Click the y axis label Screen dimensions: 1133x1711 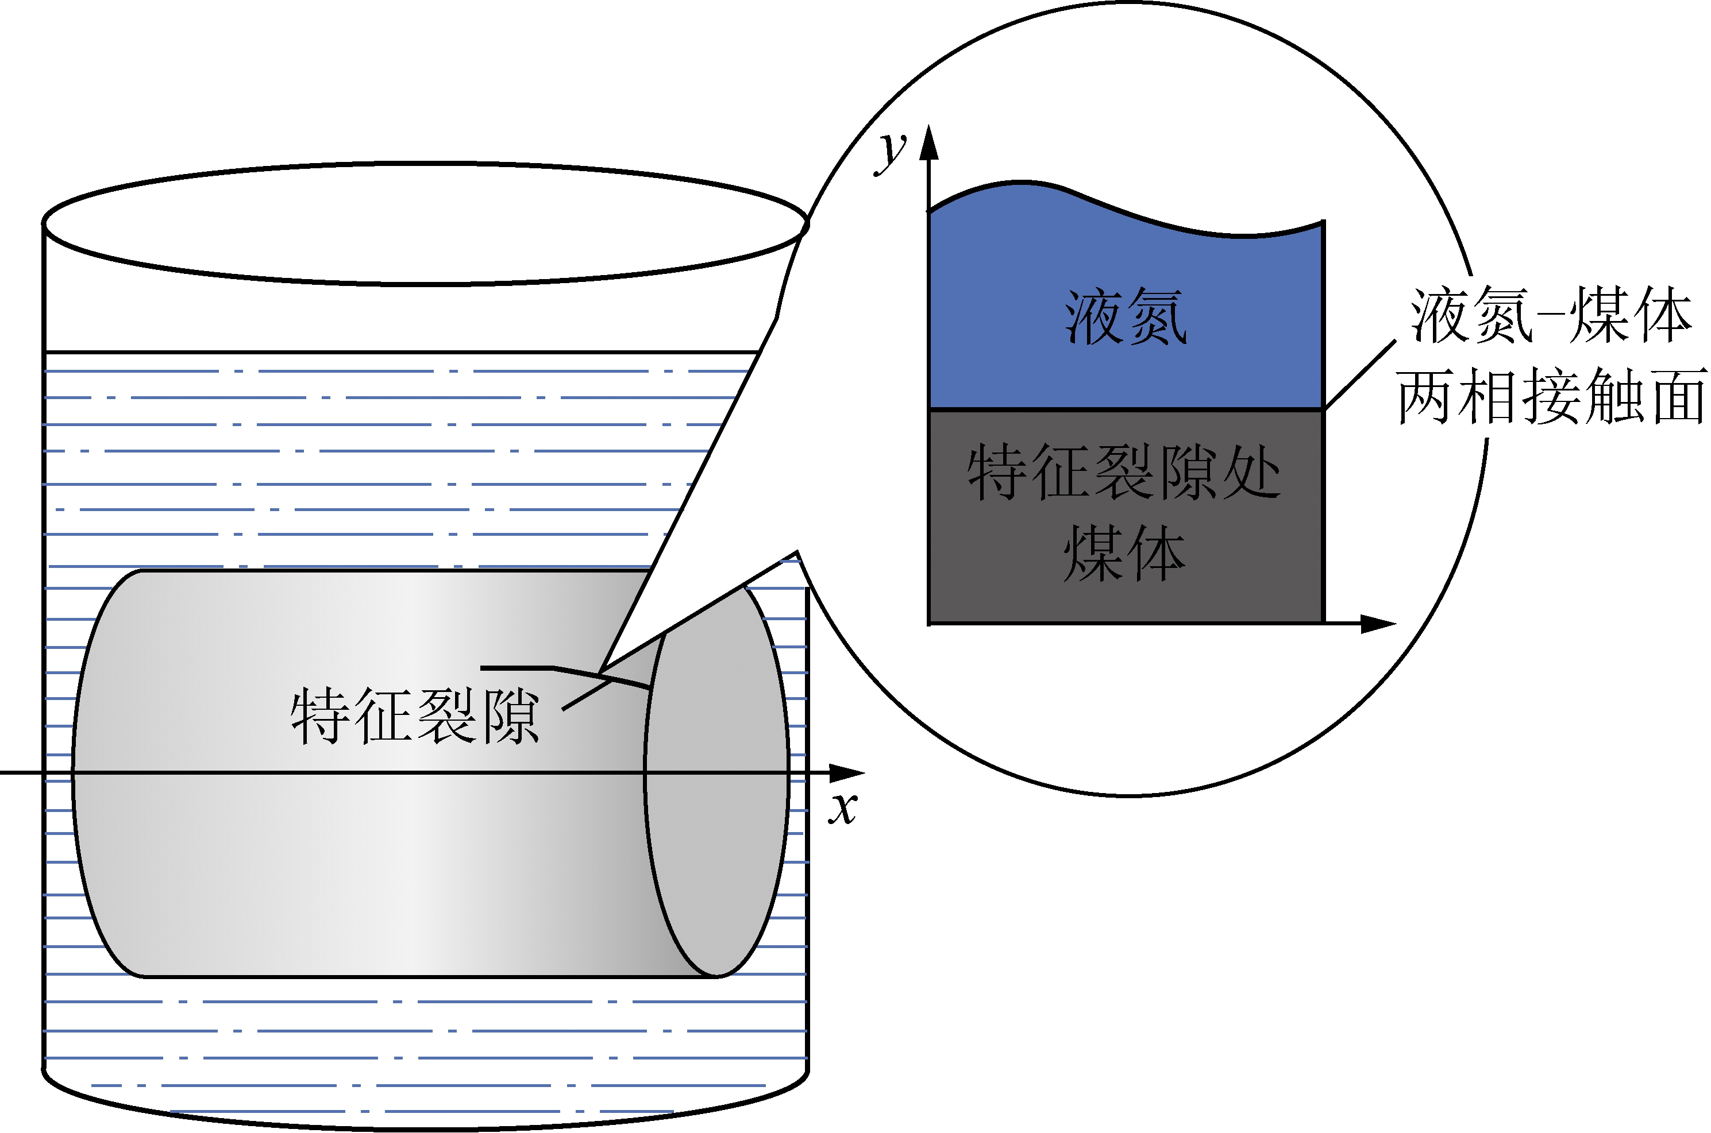pyautogui.click(x=891, y=153)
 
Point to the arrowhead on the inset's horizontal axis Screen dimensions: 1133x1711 pyautogui.click(x=1377, y=624)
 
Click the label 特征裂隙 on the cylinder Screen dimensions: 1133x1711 pyautogui.click(x=415, y=716)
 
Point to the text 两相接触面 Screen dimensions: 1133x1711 pyautogui.click(x=1551, y=396)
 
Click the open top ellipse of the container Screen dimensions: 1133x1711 pyautogui.click(x=425, y=223)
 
